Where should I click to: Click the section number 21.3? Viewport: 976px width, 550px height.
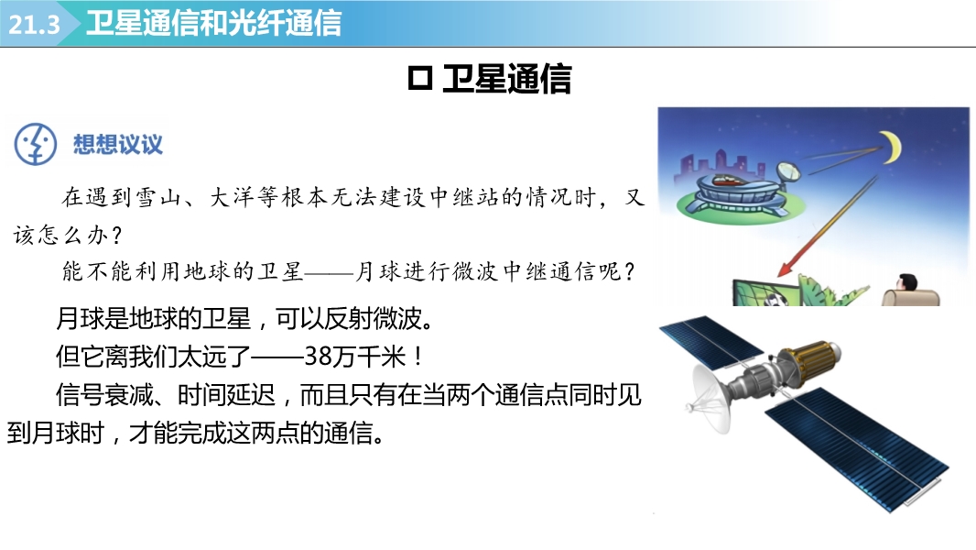[34, 25]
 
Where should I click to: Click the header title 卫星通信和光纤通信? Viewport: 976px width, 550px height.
[213, 23]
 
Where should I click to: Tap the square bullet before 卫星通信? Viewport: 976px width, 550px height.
[420, 79]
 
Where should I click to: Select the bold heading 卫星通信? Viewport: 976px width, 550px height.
[506, 79]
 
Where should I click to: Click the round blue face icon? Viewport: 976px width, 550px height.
[36, 144]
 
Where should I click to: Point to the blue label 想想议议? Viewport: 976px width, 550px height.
[117, 145]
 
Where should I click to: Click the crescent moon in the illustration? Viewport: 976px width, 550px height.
[894, 147]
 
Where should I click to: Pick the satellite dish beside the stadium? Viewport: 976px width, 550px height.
[788, 172]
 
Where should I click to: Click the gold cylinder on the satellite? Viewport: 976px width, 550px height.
[808, 358]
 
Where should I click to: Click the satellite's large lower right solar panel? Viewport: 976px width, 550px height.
[857, 448]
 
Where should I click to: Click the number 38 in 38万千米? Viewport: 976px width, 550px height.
[318, 357]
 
